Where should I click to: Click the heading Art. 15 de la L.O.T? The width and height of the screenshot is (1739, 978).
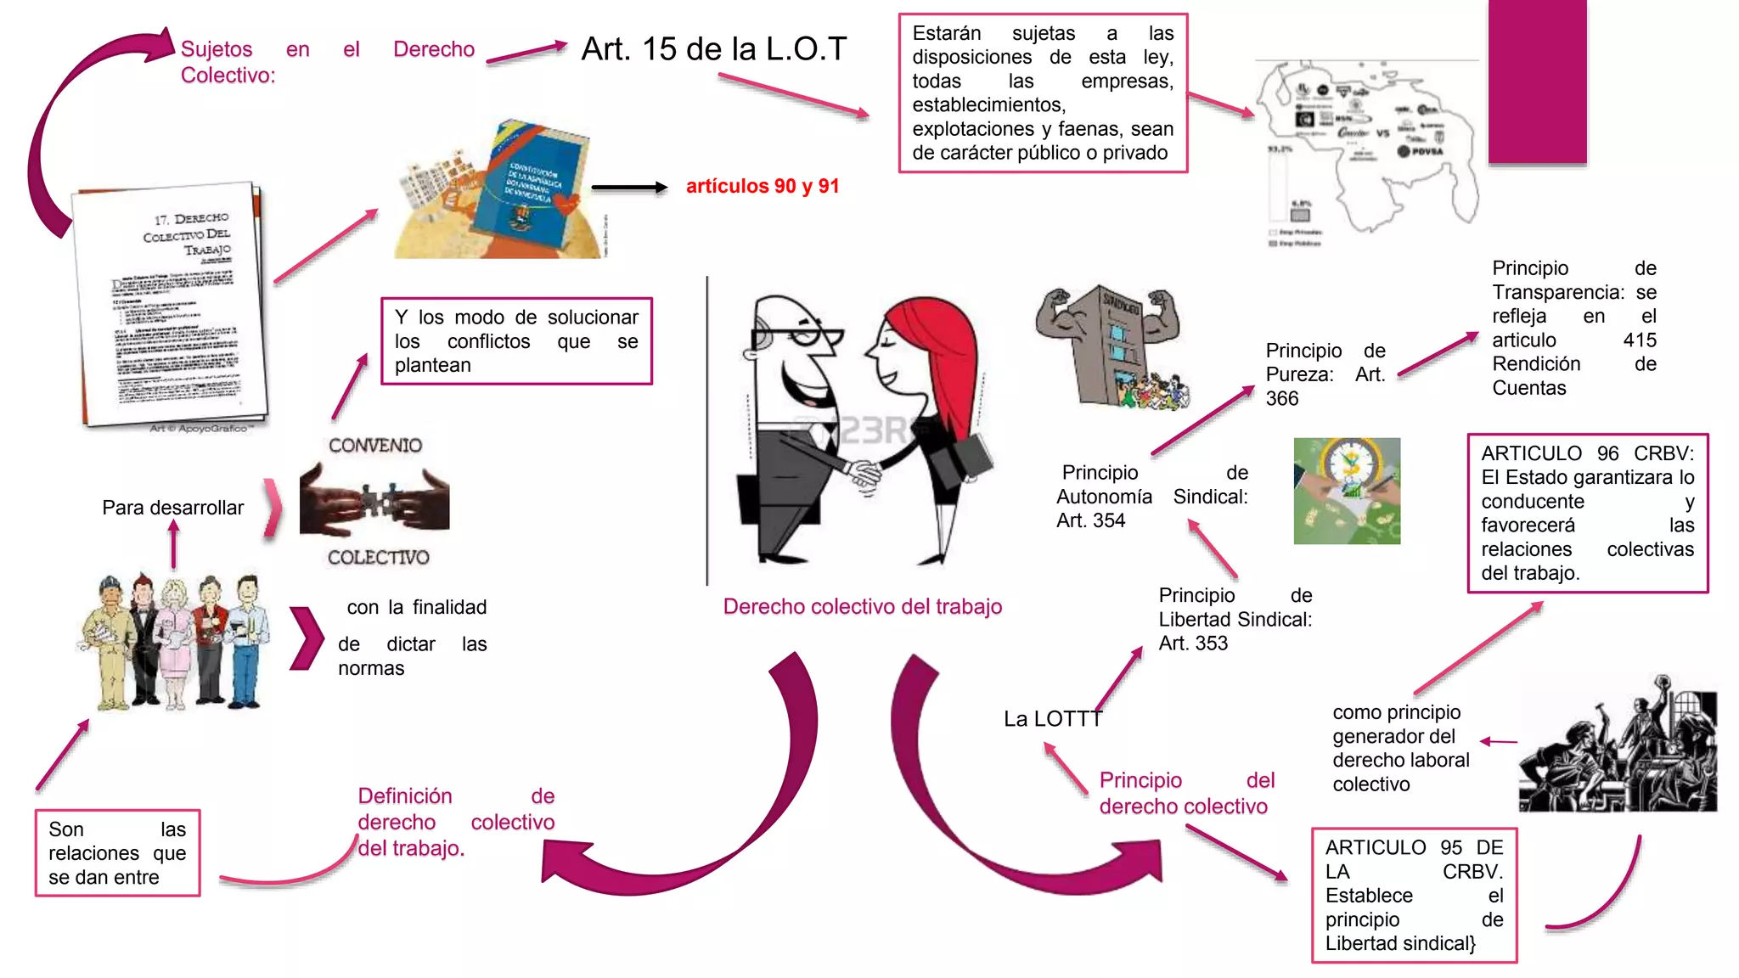[x=713, y=49]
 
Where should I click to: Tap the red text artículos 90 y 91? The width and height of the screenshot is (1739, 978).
[x=762, y=186]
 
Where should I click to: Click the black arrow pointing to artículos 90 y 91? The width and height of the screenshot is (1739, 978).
[x=628, y=188]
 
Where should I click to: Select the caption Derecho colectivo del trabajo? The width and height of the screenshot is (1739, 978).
[x=862, y=606]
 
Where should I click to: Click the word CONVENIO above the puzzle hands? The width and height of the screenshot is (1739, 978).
[x=374, y=446]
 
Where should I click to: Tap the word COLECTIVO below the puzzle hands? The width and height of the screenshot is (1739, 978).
[x=378, y=558]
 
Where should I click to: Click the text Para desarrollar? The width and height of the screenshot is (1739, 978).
[x=172, y=508]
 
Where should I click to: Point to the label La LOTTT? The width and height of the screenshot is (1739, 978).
[x=1052, y=719]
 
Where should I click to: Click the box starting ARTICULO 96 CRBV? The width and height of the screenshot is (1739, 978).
[x=1587, y=513]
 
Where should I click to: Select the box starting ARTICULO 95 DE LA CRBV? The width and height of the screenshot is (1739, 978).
[x=1414, y=895]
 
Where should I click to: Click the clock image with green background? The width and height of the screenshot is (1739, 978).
[x=1347, y=491]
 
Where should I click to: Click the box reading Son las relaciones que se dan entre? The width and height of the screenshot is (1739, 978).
[x=117, y=853]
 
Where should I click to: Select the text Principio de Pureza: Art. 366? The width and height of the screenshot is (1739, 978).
[x=1325, y=374]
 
